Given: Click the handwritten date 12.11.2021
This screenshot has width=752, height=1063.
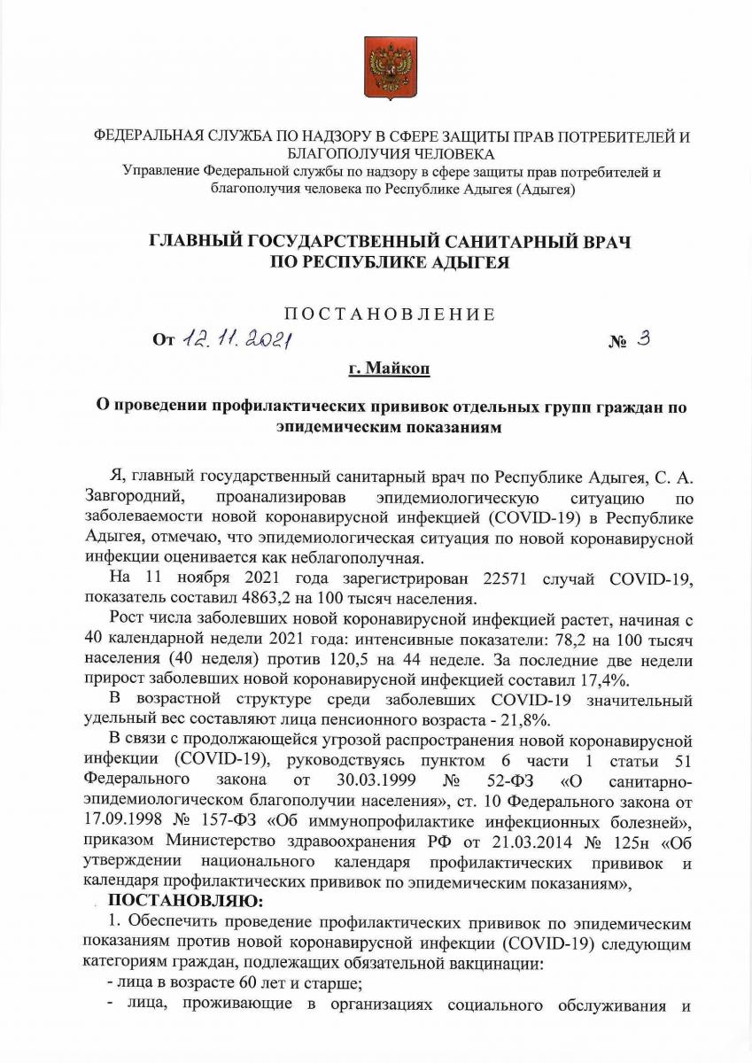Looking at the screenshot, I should point(237,338).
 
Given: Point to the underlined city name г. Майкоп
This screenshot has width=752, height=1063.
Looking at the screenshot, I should point(389,367).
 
